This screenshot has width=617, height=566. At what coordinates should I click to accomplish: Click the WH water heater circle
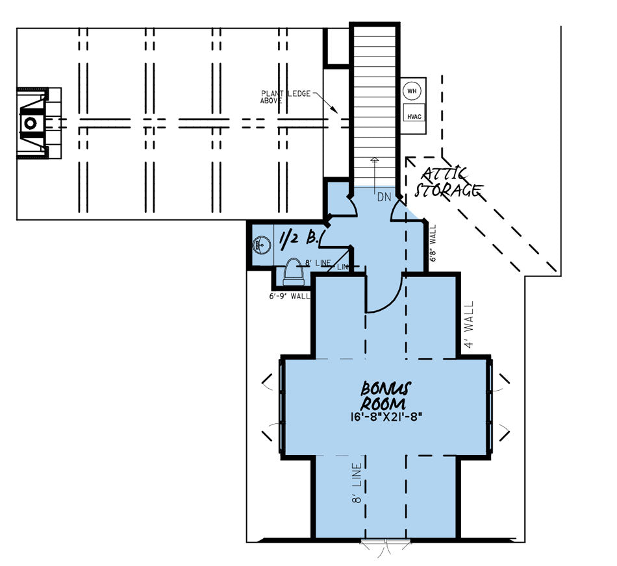click(x=410, y=91)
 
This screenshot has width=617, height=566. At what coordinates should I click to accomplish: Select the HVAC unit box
click(x=414, y=116)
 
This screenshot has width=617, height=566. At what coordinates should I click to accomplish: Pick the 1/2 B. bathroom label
click(x=297, y=240)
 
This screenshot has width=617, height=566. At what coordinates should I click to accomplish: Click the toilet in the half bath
click(x=294, y=272)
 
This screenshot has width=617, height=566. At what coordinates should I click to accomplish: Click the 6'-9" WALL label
click(x=290, y=295)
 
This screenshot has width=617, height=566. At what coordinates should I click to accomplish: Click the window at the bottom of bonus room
click(x=386, y=541)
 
